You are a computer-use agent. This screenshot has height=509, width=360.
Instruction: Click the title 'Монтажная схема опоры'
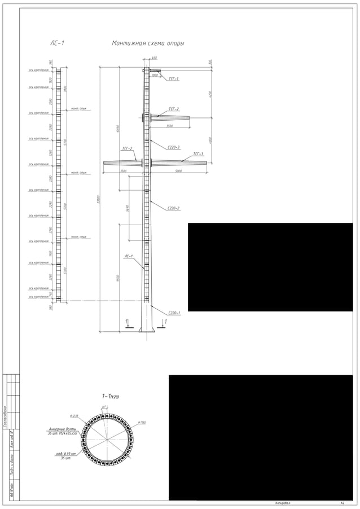(x=148, y=43)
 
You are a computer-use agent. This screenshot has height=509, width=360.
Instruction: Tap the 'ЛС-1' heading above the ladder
(x=57, y=43)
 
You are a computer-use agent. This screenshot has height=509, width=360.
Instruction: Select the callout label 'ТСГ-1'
(x=174, y=79)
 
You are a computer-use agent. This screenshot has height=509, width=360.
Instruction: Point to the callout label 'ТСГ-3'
(x=198, y=153)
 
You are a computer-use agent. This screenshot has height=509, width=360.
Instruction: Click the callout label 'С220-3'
(x=174, y=147)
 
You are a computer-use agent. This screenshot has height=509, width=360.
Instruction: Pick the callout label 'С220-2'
(x=174, y=208)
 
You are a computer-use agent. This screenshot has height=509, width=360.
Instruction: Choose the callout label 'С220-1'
(x=174, y=313)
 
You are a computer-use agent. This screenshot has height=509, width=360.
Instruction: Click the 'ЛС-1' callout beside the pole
(x=129, y=256)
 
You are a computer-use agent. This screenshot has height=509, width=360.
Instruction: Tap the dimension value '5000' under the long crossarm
(x=178, y=170)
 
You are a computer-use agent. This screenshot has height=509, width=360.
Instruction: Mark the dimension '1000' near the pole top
(x=155, y=75)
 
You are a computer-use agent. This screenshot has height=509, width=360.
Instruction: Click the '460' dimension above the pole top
(x=154, y=58)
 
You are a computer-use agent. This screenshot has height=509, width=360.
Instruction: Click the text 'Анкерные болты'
(x=63, y=429)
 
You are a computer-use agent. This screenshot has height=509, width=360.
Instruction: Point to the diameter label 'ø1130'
(x=142, y=422)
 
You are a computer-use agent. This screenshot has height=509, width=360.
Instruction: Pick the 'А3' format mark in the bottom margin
(x=343, y=503)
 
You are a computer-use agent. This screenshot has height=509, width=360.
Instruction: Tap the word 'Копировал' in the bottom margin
(x=283, y=503)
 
